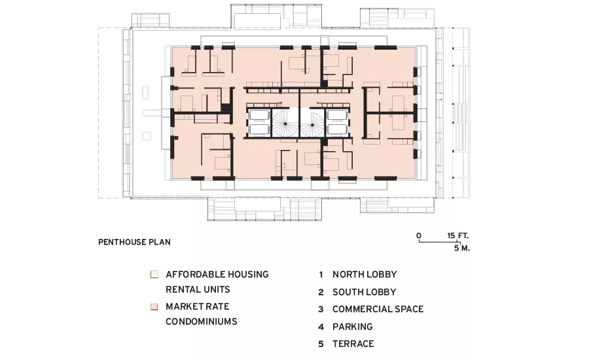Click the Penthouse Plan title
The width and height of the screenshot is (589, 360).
tap(134, 242)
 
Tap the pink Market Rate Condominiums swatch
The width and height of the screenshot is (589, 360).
tap(154, 306)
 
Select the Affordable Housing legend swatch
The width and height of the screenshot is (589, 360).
tap(154, 274)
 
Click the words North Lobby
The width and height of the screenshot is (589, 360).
tap(365, 275)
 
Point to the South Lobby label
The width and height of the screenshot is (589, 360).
tap(364, 292)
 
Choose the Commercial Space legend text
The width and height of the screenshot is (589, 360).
tap(378, 309)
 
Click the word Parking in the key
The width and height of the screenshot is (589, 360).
tap(352, 327)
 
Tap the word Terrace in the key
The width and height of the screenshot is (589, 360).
tap(353, 344)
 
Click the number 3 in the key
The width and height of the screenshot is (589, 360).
tap(321, 309)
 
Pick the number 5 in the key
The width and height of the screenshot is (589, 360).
tap(321, 344)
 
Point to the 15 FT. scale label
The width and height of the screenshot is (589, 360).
tap(458, 236)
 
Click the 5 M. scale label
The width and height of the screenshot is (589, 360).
tap(461, 248)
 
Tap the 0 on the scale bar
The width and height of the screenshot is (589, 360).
tap(419, 236)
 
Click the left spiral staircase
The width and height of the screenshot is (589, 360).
tap(285, 123)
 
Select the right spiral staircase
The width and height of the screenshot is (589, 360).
tap(313, 123)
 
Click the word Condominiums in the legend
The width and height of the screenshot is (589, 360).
tap(202, 321)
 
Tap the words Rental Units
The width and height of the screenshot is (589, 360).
tap(198, 290)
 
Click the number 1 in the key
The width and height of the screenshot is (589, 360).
tap(321, 275)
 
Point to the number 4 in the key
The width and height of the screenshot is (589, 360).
tap(321, 327)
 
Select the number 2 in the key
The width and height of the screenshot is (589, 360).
tap(321, 292)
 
